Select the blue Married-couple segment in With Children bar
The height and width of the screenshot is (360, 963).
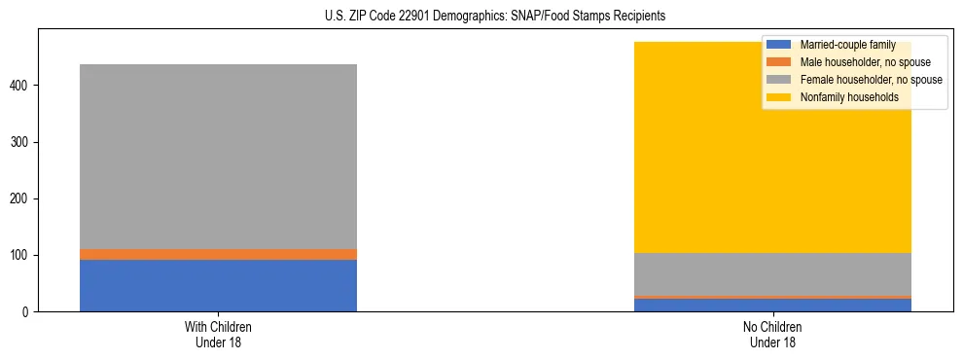point(218,285)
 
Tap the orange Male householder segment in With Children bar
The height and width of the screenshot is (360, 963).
point(218,254)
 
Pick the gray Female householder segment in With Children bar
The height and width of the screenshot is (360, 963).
point(218,156)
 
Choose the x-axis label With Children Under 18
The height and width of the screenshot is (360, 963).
point(218,334)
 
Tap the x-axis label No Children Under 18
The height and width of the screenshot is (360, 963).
point(772,334)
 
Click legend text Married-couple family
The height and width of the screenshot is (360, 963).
point(847,46)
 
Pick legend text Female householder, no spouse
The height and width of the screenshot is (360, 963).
point(871,80)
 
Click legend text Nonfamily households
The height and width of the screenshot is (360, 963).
point(849,97)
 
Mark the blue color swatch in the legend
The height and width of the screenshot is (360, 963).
point(779,46)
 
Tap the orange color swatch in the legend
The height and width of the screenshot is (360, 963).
point(779,62)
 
